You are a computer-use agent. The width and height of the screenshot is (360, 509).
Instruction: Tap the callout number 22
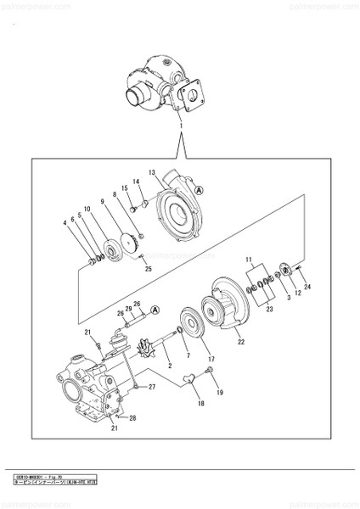point(241,342)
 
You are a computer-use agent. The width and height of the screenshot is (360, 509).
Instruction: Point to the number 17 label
point(211,359)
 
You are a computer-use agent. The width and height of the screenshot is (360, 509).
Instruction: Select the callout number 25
point(148,269)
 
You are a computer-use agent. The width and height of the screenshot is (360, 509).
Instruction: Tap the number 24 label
point(307,288)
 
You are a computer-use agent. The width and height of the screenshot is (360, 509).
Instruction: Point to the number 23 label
point(269,310)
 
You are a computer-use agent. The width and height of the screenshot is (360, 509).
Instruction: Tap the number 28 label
point(132,418)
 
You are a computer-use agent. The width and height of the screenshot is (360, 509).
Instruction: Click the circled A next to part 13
point(199,192)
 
